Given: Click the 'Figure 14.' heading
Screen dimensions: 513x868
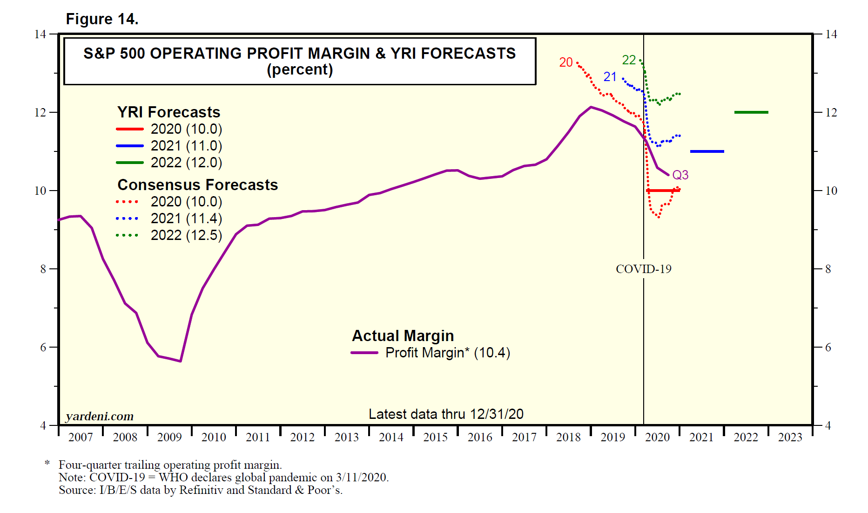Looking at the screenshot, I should click(102, 19).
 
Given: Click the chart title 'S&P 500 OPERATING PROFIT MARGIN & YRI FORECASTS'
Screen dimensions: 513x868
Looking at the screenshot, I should click(299, 54).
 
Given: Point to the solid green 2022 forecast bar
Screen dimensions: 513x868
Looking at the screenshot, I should click(751, 112).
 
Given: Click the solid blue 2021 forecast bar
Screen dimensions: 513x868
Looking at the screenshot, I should click(707, 151).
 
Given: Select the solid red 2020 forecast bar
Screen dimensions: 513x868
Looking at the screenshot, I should click(663, 191).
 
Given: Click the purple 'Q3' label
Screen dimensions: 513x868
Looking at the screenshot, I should click(680, 175).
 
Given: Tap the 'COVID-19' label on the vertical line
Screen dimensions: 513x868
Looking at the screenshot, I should click(643, 269).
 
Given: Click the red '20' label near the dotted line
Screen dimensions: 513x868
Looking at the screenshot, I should click(565, 62).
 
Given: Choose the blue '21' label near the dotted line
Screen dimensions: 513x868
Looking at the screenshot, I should click(610, 77).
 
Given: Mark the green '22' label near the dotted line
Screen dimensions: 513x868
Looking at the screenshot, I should click(629, 60).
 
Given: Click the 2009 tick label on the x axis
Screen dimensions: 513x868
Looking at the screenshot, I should click(169, 437).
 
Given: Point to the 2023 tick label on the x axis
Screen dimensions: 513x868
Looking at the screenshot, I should click(790, 437).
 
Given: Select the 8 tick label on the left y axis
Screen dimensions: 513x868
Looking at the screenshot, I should click(43, 269).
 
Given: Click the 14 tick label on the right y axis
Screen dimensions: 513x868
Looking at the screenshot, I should click(831, 34).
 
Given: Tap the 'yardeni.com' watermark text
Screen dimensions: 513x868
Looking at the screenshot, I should click(100, 416).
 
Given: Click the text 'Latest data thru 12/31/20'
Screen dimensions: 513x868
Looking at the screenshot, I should click(446, 414).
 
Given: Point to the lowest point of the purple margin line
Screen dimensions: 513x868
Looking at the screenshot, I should click(180, 361).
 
